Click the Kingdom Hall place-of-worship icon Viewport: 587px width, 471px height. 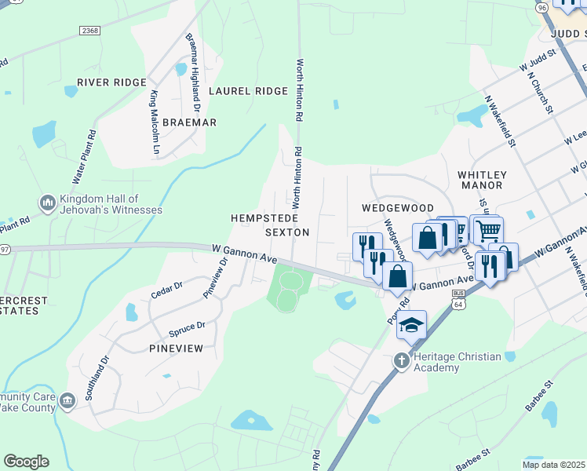[x=47, y=204]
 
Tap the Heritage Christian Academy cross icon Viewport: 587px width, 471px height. [x=401, y=361]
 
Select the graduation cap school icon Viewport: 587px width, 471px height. [x=411, y=325]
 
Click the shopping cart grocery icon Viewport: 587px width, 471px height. [x=488, y=229]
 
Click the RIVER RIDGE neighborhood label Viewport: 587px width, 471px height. [x=111, y=82]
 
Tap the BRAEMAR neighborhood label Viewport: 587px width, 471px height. [x=189, y=122]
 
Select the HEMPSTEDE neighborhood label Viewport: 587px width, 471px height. [x=260, y=217]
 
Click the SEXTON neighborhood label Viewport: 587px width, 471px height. [x=287, y=232]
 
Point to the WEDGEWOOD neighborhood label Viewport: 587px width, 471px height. [x=397, y=208]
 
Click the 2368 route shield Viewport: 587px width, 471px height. [x=91, y=31]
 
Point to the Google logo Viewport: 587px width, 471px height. [x=26, y=461]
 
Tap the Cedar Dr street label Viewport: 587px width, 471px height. [x=166, y=290]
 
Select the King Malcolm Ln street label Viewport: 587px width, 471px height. [x=155, y=122]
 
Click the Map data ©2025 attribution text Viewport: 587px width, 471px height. [x=553, y=465]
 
